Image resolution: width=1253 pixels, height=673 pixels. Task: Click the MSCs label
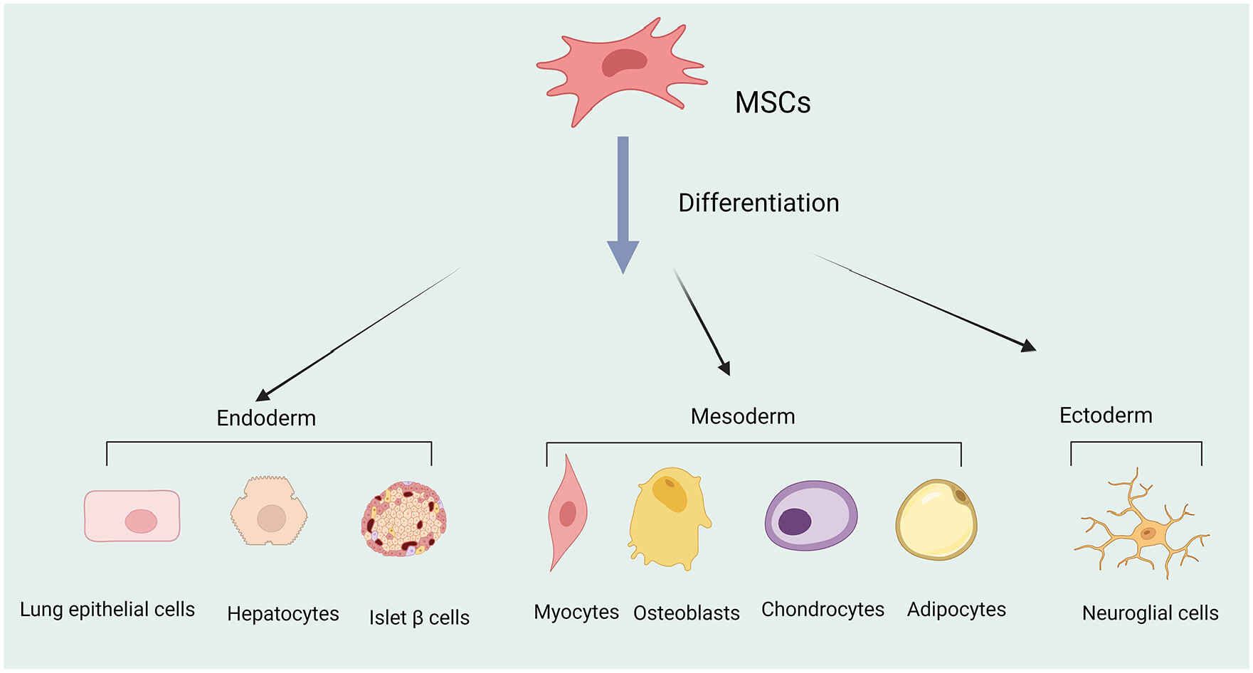pyautogui.click(x=772, y=102)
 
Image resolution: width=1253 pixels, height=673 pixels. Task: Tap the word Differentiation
pyautogui.click(x=758, y=203)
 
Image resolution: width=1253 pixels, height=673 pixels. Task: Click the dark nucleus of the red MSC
pyautogui.click(x=624, y=63)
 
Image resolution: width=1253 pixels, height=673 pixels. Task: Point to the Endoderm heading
pyautogui.click(x=266, y=418)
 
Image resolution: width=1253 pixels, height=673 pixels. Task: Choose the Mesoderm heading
pyautogui.click(x=743, y=416)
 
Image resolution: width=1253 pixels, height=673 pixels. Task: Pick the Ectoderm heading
pyautogui.click(x=1106, y=415)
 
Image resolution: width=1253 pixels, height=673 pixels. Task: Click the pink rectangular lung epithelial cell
pyautogui.click(x=132, y=516)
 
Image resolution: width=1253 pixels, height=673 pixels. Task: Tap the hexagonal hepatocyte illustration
pyautogui.click(x=269, y=512)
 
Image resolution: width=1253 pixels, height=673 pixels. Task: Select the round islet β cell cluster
pyautogui.click(x=403, y=519)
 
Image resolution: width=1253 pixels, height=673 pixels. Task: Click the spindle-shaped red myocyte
pyautogui.click(x=567, y=513)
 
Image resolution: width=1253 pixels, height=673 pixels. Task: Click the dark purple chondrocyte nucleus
pyautogui.click(x=795, y=521)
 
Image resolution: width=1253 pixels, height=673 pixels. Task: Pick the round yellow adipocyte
pyautogui.click(x=936, y=519)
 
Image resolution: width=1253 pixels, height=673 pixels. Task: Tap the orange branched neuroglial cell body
pyautogui.click(x=1148, y=533)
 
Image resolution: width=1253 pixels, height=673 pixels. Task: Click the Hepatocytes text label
pyautogui.click(x=282, y=613)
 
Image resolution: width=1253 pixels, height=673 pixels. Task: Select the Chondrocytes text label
pyautogui.click(x=823, y=610)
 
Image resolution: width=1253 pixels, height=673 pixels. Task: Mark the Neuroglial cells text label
pyautogui.click(x=1150, y=613)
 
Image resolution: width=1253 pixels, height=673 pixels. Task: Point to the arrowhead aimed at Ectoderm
pyautogui.click(x=1029, y=347)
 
